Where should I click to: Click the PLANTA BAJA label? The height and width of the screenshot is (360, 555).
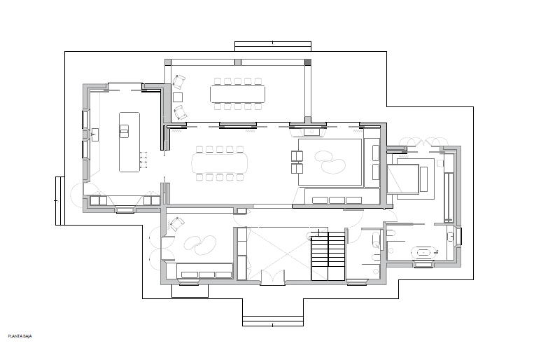(x=20, y=336)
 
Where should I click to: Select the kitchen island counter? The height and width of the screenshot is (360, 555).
(x=129, y=141)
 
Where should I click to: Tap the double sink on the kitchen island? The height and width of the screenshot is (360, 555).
(x=124, y=132)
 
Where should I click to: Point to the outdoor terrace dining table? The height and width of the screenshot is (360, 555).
(x=237, y=94)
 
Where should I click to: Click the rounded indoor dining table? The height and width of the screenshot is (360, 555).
(x=220, y=163)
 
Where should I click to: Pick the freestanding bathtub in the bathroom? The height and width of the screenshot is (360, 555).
(x=424, y=252)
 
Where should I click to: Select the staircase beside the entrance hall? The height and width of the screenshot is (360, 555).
(x=328, y=255)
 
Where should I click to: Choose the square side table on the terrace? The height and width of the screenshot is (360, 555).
(x=178, y=97)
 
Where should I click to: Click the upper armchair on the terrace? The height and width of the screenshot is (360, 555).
(x=178, y=82)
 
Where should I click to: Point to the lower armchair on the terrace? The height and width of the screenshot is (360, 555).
(x=180, y=113)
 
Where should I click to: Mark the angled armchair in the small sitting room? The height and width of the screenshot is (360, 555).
(x=176, y=224)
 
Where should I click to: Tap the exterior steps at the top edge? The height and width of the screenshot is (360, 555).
(x=273, y=46)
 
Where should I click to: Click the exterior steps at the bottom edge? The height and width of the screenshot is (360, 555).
(x=273, y=321)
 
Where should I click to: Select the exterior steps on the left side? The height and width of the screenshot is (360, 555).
(x=60, y=200)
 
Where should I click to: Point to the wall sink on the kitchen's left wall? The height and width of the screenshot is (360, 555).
(x=94, y=134)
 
